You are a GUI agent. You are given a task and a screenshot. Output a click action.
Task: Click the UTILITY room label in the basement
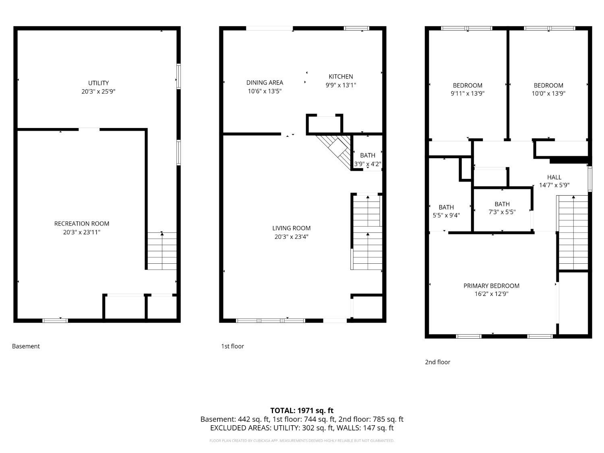tap(98, 83)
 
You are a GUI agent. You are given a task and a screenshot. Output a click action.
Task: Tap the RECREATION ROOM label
tap(82, 223)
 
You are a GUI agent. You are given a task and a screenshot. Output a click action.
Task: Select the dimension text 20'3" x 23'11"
tap(82, 232)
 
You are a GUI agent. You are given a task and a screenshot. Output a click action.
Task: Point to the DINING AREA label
tap(265, 83)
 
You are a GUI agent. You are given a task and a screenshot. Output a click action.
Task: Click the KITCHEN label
tap(341, 77)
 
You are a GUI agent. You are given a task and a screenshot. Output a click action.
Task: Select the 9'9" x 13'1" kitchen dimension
tap(341, 85)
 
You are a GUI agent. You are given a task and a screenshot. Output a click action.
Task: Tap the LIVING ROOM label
tap(291, 228)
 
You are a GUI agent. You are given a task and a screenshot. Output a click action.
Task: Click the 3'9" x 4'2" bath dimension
tap(367, 164)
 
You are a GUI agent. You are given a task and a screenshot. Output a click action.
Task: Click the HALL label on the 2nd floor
tap(554, 177)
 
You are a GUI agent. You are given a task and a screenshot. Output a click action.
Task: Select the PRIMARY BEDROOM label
tap(491, 285)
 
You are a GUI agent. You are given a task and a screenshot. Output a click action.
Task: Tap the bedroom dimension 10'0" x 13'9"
tap(548, 93)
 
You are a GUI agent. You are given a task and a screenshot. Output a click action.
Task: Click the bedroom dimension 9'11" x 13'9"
tap(467, 93)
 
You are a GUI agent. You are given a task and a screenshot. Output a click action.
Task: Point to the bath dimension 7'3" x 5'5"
tap(502, 212)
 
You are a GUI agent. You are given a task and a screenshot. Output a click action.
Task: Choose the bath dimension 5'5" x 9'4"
tap(446, 215)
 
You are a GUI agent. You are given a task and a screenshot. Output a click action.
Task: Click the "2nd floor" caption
tap(437, 362)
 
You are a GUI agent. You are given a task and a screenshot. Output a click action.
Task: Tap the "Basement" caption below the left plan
tap(26, 346)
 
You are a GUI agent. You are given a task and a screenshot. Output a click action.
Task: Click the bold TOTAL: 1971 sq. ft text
tap(302, 410)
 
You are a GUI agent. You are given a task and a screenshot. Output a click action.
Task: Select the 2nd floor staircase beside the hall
tap(573, 233)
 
